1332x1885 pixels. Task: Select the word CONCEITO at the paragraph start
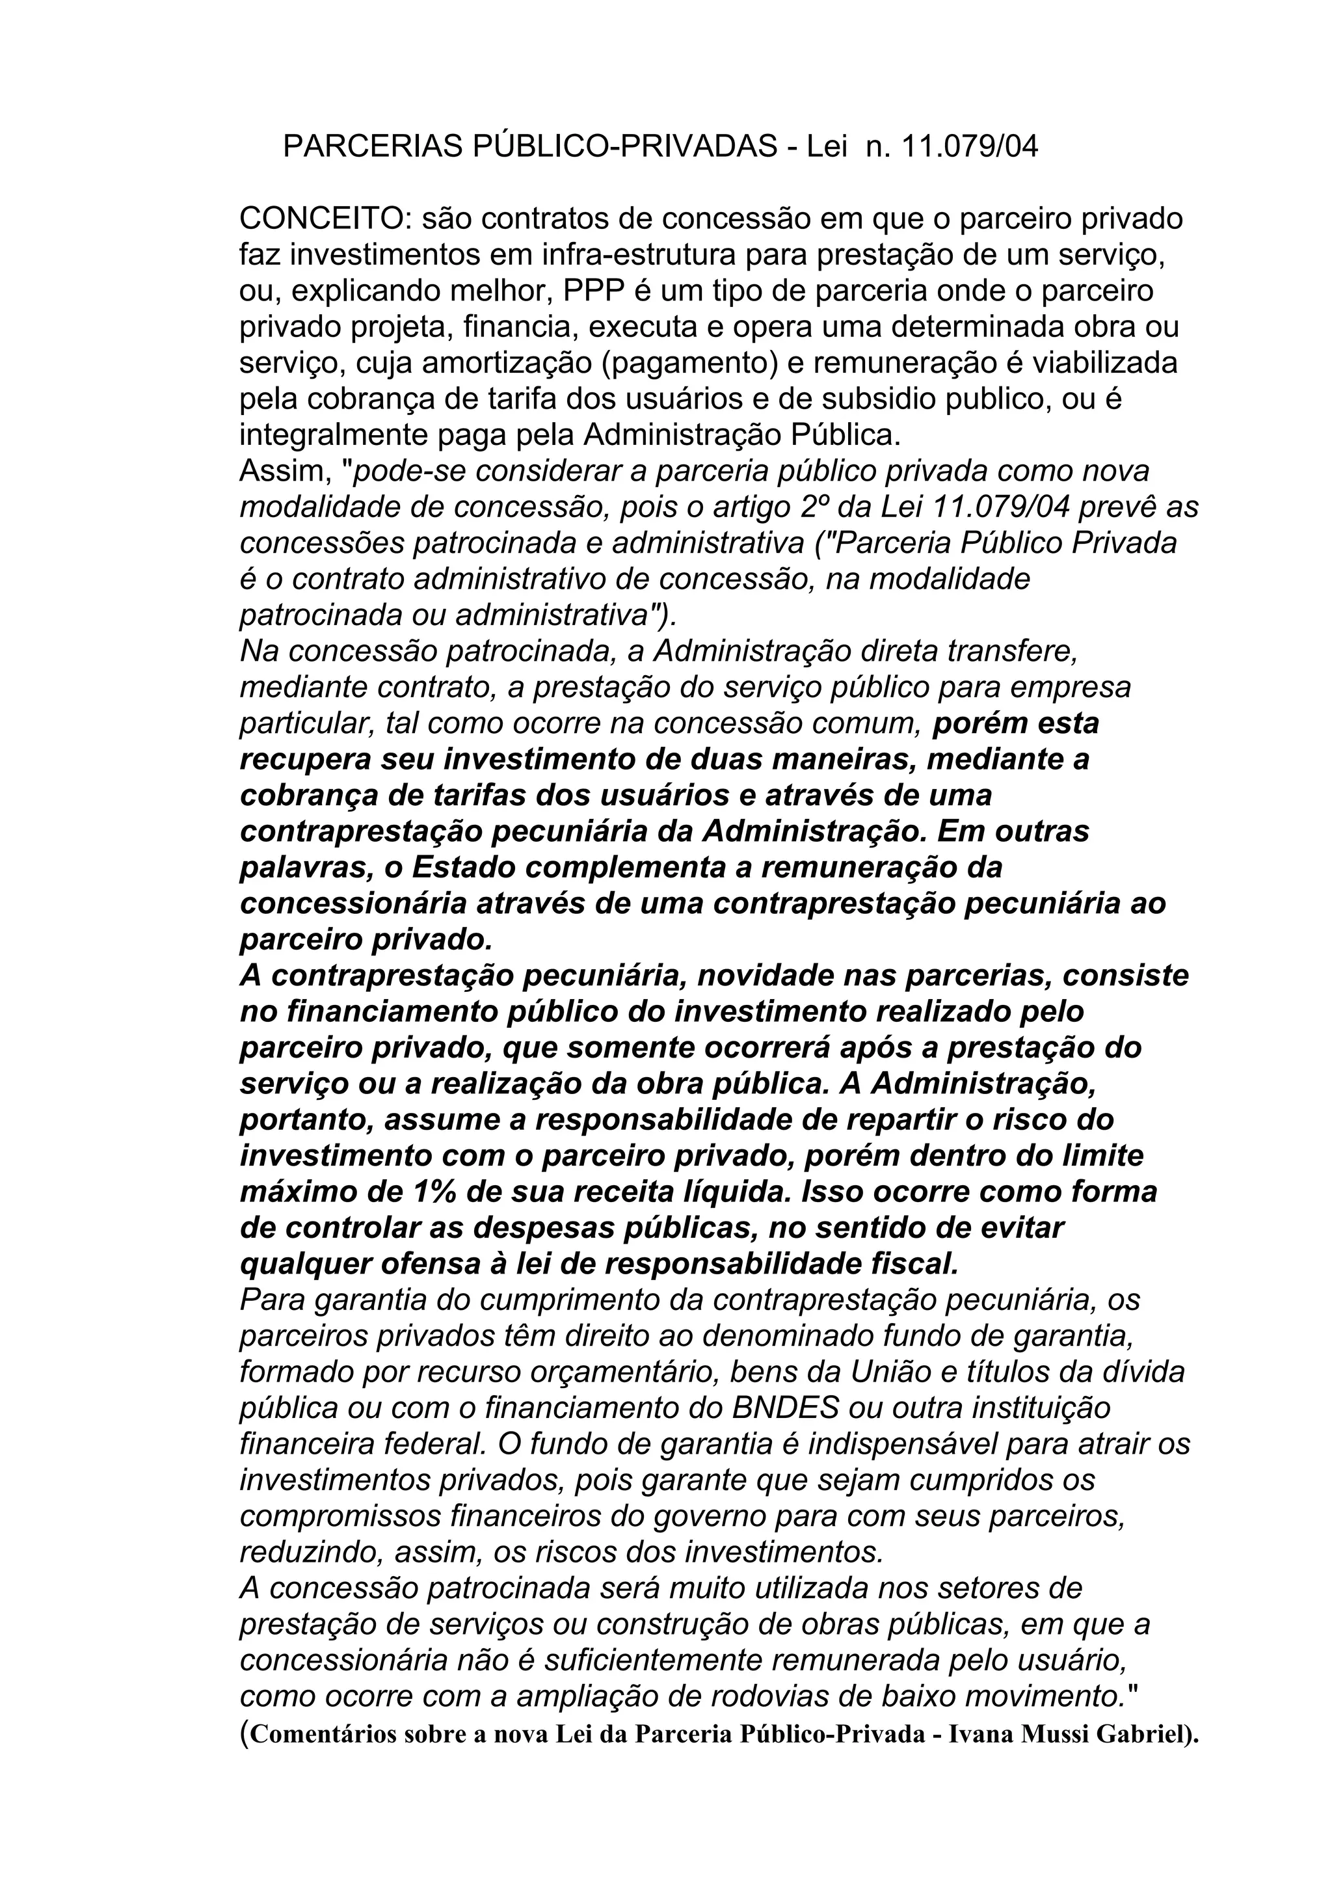(326, 219)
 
